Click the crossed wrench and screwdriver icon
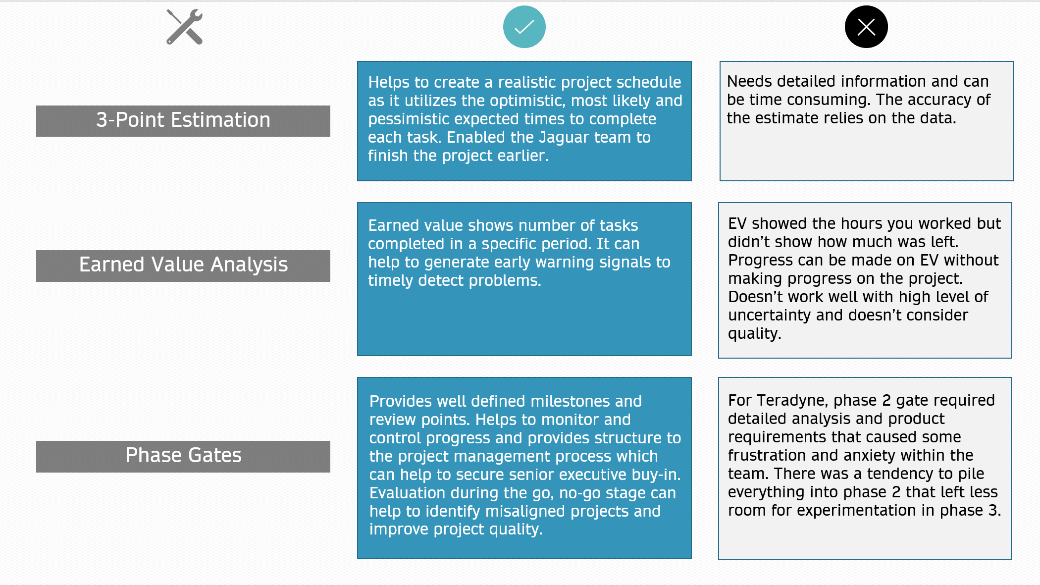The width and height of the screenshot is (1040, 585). [x=184, y=27]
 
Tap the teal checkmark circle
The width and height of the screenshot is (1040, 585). [x=524, y=27]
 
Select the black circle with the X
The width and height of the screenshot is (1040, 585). [x=866, y=27]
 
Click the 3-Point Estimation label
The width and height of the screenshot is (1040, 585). [x=183, y=120]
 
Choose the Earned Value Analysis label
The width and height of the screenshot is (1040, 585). [x=183, y=265]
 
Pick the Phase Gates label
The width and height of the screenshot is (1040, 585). [x=183, y=456]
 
